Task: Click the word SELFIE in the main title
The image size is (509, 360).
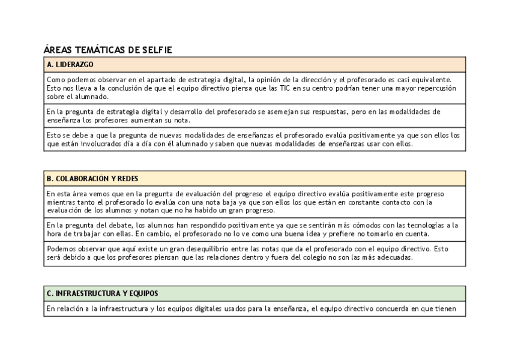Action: pos(156,50)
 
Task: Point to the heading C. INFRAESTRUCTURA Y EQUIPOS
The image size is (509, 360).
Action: pos(102,294)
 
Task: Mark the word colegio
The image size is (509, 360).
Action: pos(326,257)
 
